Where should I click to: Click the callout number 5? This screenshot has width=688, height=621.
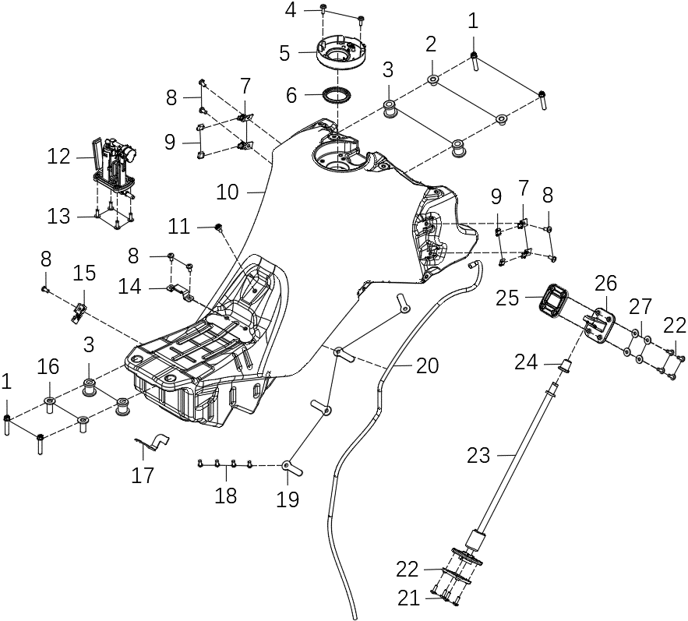(284, 54)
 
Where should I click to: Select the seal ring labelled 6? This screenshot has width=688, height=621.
(337, 96)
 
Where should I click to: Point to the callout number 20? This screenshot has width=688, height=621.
(428, 365)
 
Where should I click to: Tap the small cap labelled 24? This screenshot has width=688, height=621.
(566, 364)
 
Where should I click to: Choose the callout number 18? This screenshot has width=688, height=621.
(226, 495)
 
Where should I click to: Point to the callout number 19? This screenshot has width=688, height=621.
(288, 499)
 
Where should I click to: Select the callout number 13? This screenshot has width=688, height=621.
(59, 216)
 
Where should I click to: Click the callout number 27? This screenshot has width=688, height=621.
(640, 305)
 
